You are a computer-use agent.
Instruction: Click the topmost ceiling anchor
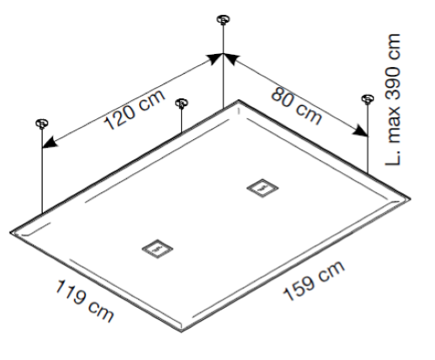[x=223, y=19]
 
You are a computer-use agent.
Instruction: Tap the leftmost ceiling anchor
[x=42, y=123]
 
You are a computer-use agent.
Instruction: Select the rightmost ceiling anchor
[x=368, y=99]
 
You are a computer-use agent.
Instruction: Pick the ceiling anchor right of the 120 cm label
[x=182, y=103]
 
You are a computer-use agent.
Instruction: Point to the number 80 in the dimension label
[x=282, y=97]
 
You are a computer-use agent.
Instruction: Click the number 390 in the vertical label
[x=393, y=83]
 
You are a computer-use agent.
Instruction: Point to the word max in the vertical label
[x=394, y=125]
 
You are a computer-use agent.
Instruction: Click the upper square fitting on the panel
[x=263, y=188]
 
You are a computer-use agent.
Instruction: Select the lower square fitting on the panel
[x=157, y=249]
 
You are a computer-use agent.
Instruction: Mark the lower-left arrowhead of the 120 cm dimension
[x=50, y=142]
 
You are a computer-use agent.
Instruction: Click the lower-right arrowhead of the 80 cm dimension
[x=360, y=131]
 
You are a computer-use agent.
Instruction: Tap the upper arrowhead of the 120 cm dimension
[x=215, y=58]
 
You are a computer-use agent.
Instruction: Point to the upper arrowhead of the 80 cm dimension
[x=231, y=59]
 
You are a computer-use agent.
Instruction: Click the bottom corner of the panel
[x=181, y=331]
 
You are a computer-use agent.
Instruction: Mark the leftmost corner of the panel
[x=10, y=232]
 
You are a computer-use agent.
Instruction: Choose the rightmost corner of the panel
[x=410, y=198]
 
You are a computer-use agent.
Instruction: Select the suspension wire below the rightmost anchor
[x=368, y=138]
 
